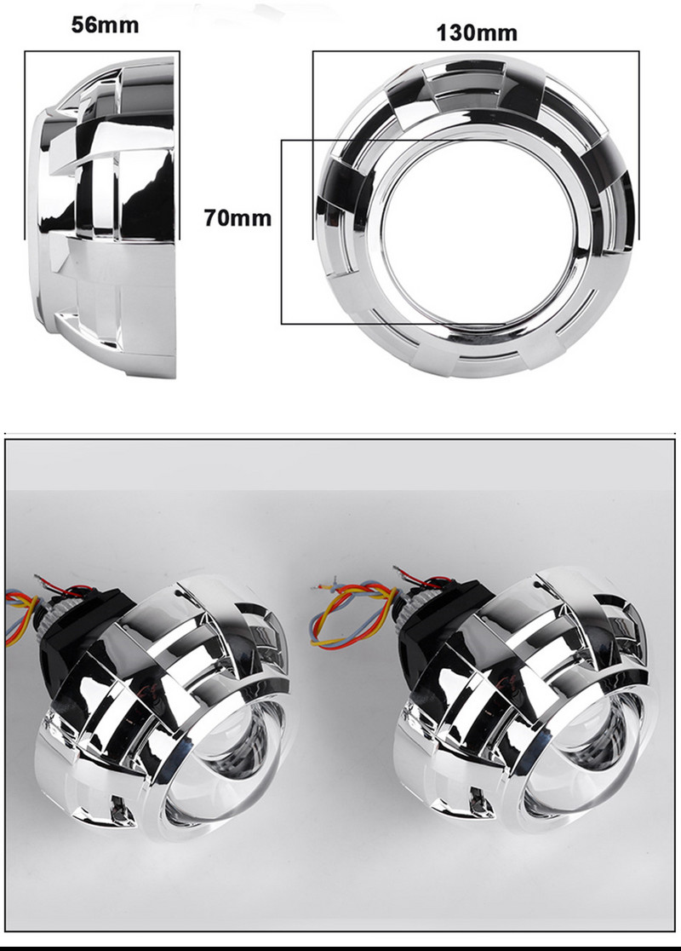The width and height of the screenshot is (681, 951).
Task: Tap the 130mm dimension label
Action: pos(477,33)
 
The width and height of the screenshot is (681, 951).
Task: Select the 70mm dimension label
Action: pos(237,218)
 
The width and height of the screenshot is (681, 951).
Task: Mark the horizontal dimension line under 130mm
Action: pos(477,52)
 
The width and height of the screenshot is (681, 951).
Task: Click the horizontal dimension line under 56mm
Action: pos(102,53)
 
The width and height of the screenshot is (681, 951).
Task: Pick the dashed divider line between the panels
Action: pos(340,435)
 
